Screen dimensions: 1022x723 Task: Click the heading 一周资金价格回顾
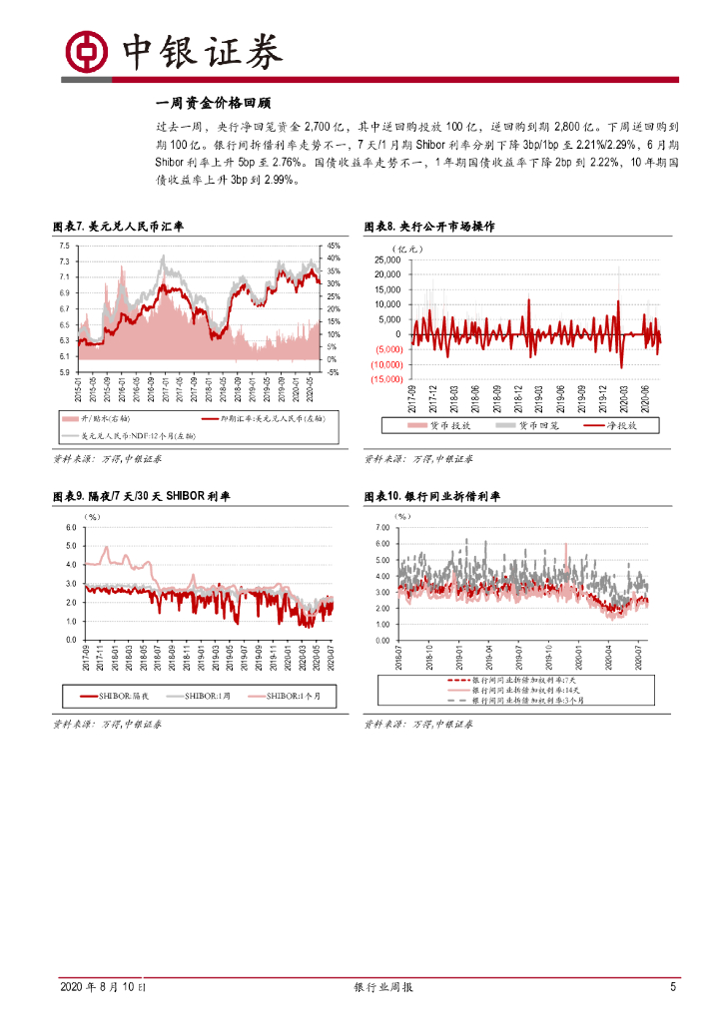coord(214,103)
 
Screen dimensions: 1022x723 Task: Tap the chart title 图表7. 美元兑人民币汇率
coord(118,227)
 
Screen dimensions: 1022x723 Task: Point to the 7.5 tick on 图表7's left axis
coord(63,246)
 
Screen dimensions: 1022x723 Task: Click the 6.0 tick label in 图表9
coord(71,528)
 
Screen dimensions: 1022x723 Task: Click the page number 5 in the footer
coord(673,987)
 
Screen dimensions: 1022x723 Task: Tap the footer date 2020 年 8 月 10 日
coord(101,987)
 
